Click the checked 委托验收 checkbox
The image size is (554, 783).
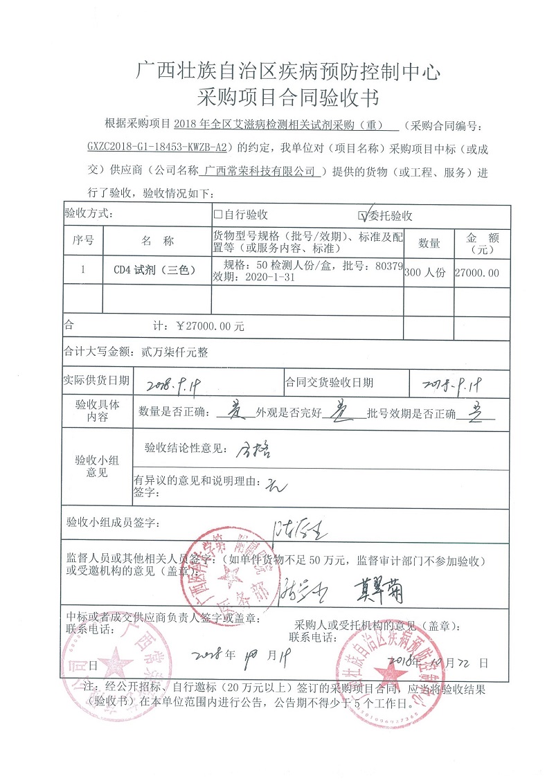point(361,215)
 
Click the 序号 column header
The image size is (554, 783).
point(83,242)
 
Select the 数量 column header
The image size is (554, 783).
point(429,242)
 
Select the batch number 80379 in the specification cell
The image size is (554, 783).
point(388,265)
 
